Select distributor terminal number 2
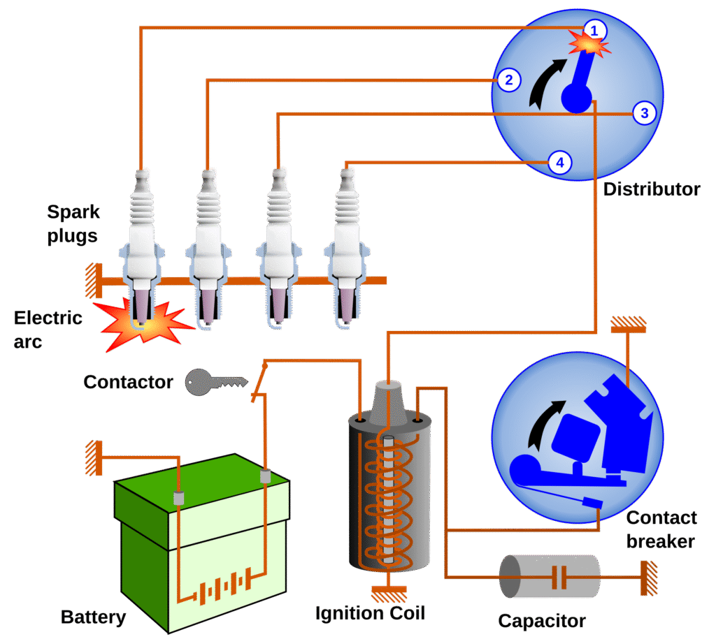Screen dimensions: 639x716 (x=508, y=80)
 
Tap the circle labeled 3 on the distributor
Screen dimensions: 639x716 (x=644, y=112)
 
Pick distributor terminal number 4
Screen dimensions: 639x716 (x=559, y=163)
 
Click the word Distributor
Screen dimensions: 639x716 (x=651, y=189)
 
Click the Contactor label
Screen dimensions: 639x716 (x=128, y=382)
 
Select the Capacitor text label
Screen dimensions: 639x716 (x=541, y=621)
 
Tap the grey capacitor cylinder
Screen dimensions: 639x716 (x=550, y=577)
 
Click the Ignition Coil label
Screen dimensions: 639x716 (x=370, y=614)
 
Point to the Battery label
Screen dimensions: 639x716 (x=94, y=617)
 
